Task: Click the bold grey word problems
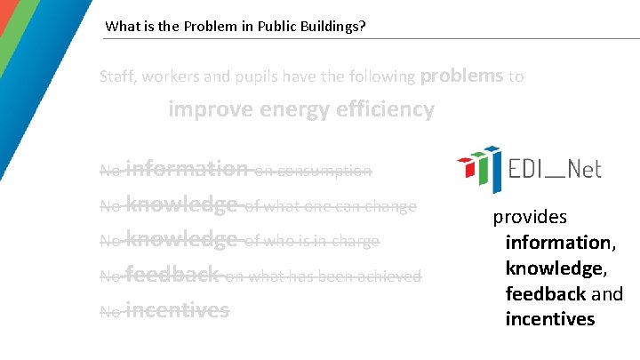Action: (461, 76)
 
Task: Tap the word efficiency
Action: (385, 110)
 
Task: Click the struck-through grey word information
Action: (187, 168)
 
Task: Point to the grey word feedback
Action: (172, 275)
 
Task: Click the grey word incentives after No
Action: (177, 310)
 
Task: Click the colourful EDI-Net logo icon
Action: (477, 168)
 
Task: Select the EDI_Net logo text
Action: (555, 168)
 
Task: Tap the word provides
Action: (530, 217)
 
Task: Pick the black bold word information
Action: (558, 243)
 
